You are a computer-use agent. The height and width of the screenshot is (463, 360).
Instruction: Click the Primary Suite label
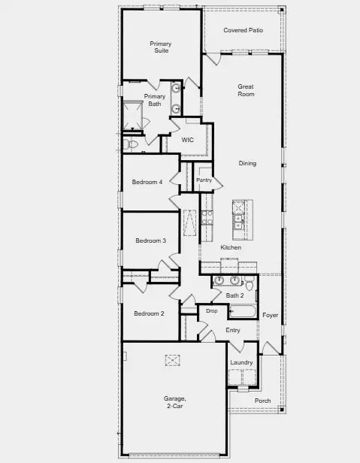tap(160, 47)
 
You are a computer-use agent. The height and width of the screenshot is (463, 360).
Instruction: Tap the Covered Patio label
tap(243, 31)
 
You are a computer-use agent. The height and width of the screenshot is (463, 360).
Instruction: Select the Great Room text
tap(246, 90)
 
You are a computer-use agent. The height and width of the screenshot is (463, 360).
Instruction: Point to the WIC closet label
tap(188, 140)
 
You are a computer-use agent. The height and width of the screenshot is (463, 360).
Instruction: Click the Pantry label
tap(204, 180)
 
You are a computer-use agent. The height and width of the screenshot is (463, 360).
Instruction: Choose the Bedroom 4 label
tap(147, 182)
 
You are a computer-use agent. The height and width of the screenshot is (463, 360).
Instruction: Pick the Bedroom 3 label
tap(150, 241)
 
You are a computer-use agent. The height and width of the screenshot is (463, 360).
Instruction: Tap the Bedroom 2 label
tap(149, 313)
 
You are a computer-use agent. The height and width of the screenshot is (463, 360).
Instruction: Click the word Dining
tap(247, 163)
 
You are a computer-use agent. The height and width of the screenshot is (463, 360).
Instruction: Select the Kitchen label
tap(231, 247)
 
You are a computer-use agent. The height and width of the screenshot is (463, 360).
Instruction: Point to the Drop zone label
tap(211, 310)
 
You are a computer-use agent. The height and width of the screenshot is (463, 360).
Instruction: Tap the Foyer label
tap(270, 315)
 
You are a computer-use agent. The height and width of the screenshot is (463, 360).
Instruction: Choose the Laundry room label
tap(241, 362)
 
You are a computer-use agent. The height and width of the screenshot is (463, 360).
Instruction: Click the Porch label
tap(262, 401)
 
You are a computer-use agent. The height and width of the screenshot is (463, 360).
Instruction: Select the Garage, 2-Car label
tap(174, 402)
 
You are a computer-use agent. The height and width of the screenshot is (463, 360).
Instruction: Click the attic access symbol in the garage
tap(174, 361)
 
